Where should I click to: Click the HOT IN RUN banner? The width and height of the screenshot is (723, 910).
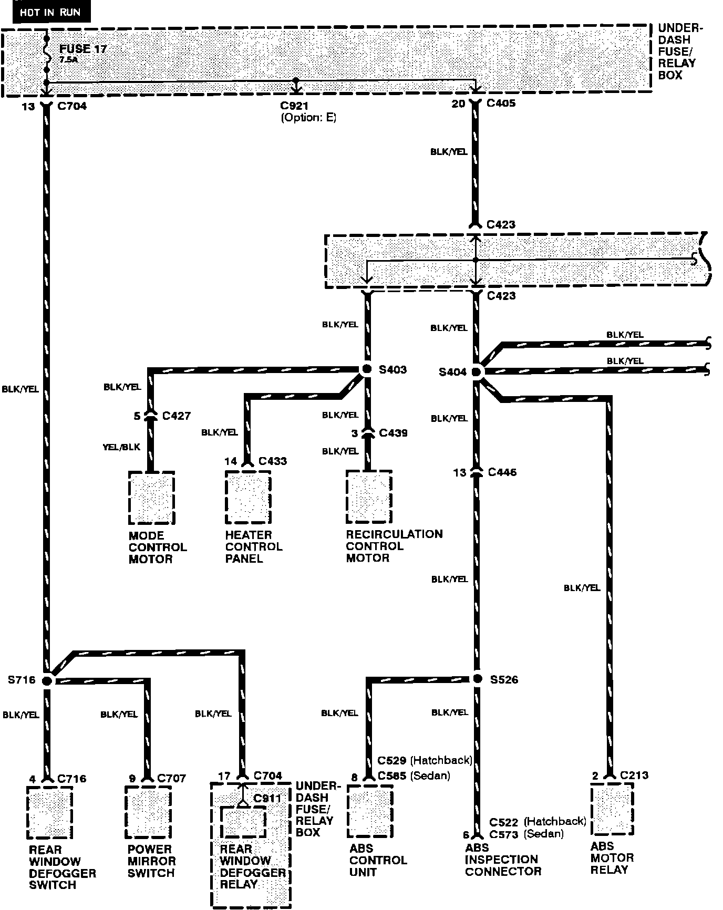pos(50,12)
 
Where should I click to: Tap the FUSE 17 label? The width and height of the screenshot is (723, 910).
pos(83,49)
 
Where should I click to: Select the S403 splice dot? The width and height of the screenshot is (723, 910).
pos(367,369)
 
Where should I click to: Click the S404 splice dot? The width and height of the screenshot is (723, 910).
pos(476,372)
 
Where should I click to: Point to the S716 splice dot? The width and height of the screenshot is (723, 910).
pos(47,680)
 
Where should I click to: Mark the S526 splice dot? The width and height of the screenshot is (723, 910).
pos(477,679)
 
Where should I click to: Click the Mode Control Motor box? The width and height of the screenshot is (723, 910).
pos(151,498)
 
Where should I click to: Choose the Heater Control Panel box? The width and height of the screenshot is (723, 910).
pos(248,497)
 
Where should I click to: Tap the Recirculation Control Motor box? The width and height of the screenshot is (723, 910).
pos(369,497)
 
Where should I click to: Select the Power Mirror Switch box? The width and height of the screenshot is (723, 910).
pos(148,812)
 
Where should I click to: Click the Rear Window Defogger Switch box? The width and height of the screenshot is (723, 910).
pos(49,812)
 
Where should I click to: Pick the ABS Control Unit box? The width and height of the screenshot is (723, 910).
pos(370,812)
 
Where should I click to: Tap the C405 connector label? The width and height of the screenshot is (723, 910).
pos(501,104)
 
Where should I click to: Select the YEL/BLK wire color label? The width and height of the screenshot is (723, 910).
pos(121,447)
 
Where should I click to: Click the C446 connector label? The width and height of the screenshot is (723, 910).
pos(502,472)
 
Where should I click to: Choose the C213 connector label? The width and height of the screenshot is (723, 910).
pos(634,775)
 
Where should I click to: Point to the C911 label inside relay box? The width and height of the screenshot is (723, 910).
pos(267,798)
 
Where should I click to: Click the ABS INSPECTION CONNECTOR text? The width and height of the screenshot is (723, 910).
pos(502,860)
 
